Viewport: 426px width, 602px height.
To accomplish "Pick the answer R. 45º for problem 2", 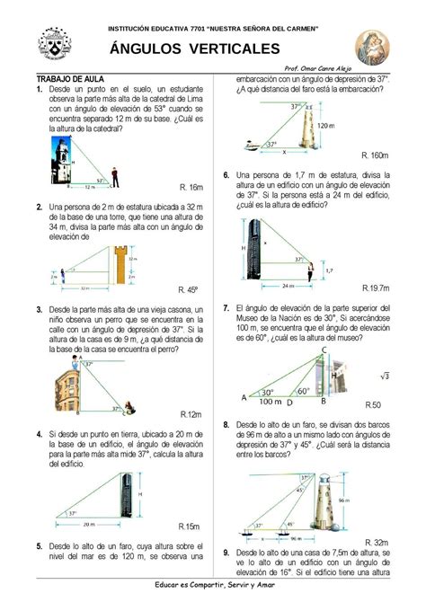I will (x=189, y=289).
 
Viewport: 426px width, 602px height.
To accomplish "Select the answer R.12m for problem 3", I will (x=191, y=414).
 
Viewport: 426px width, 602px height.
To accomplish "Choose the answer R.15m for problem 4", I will (x=190, y=526).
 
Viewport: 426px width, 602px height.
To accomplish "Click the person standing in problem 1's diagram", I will (x=114, y=177).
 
